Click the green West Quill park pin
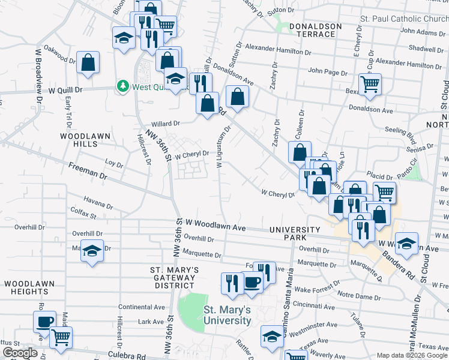(123, 86)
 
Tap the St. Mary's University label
(227, 315)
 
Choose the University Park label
(295, 234)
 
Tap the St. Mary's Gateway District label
(173, 277)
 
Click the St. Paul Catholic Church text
(403, 19)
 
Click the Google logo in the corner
(19, 353)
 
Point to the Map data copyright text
(412, 355)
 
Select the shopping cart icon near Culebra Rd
(61, 338)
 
